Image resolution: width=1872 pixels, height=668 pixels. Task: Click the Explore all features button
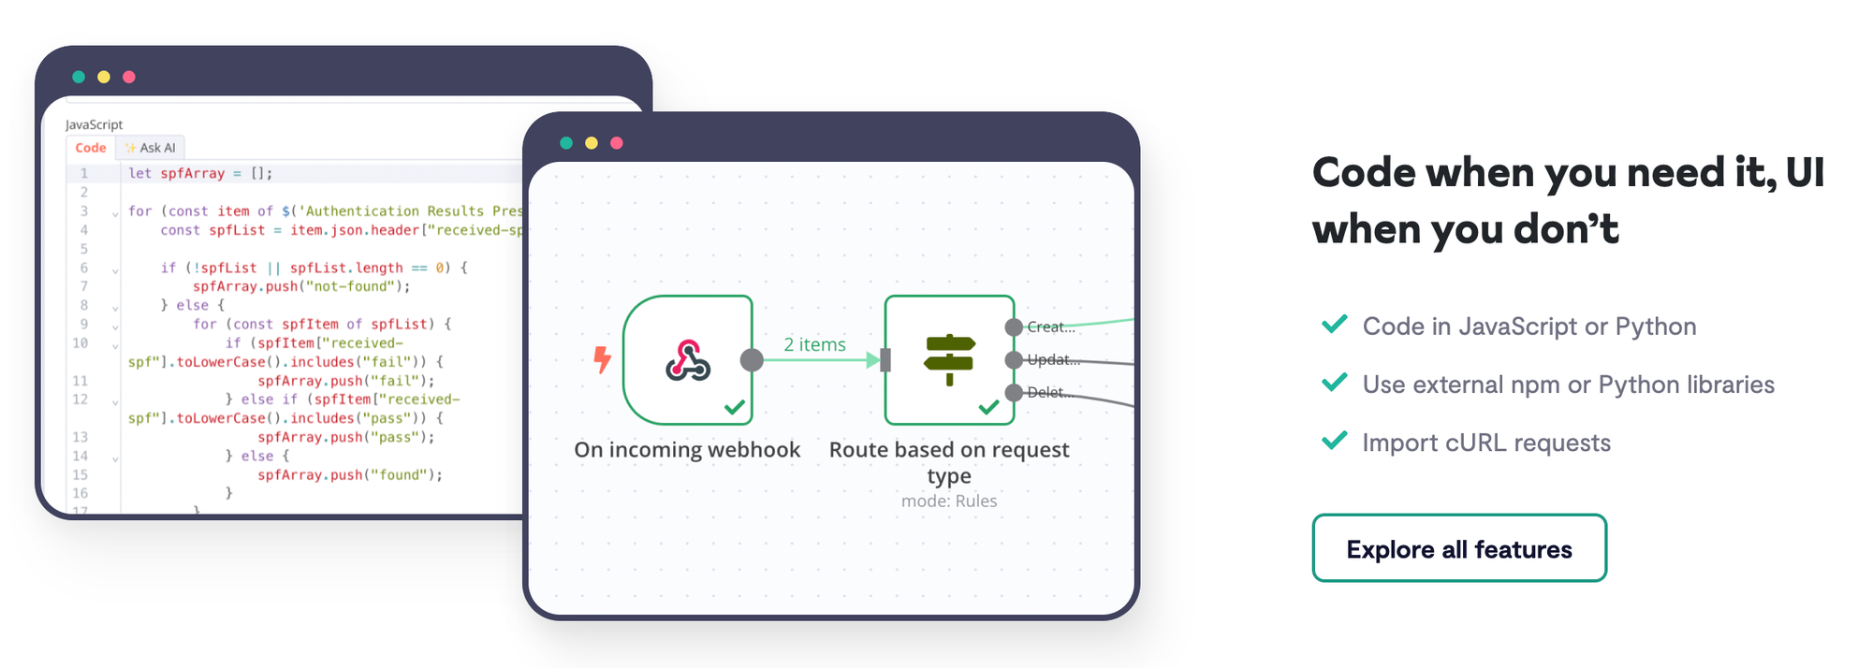[x=1458, y=548]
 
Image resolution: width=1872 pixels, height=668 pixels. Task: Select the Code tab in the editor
[x=91, y=148]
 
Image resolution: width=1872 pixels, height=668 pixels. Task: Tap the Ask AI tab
[x=152, y=148]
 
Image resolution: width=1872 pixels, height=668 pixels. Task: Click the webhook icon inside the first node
[x=688, y=360]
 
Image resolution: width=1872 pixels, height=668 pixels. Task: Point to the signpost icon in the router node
[x=949, y=359]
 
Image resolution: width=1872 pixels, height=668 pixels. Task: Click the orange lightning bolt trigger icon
[x=603, y=359]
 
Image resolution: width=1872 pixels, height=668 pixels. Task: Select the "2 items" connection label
[x=814, y=344]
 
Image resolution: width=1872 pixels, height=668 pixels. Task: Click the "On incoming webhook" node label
[x=687, y=450]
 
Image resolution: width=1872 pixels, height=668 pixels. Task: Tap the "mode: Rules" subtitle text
[x=949, y=501]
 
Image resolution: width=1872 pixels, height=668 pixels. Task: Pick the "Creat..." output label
[x=1050, y=327]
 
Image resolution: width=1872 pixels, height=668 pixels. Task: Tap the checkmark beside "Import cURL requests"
[x=1334, y=441]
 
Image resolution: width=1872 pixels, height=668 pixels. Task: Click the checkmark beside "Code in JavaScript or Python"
[x=1334, y=325]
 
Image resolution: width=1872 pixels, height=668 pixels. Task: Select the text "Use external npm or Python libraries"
[x=1568, y=385]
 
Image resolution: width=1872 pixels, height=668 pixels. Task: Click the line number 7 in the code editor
[x=84, y=286]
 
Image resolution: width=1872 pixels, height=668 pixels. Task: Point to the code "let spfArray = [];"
[x=200, y=173]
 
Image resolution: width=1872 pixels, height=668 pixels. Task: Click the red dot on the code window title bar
[x=129, y=77]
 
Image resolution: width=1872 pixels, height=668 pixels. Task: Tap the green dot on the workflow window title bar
[x=566, y=143]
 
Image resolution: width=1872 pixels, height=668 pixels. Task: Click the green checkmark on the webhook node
[x=735, y=407]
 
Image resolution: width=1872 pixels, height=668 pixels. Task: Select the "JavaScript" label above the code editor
[x=94, y=124]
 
